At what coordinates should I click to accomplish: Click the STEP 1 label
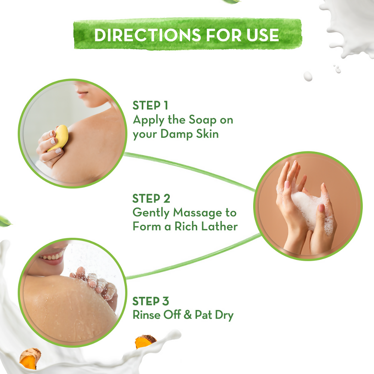(151, 106)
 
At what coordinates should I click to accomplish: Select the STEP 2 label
(151, 199)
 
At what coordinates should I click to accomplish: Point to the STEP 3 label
(151, 301)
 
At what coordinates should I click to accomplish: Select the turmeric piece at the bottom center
(145, 341)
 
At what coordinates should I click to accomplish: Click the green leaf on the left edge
(5, 220)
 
